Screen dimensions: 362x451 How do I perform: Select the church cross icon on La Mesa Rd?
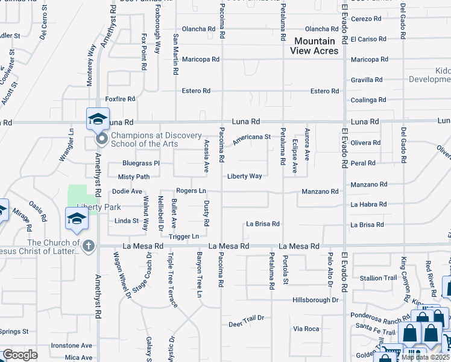[88, 246]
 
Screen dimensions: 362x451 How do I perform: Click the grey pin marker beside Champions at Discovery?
[101, 140]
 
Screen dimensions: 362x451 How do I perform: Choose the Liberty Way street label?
[244, 176]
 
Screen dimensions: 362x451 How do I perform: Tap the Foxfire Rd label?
[120, 99]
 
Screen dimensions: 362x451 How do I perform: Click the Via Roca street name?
[306, 329]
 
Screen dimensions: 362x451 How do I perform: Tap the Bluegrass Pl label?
[140, 163]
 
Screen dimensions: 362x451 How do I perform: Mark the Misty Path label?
[133, 177]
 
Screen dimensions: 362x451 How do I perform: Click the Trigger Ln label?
[184, 236]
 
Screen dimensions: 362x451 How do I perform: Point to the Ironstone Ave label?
[71, 346]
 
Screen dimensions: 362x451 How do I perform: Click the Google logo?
[20, 355]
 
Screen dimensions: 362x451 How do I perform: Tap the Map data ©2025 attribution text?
[425, 358]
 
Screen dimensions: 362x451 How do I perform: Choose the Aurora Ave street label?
[307, 145]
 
